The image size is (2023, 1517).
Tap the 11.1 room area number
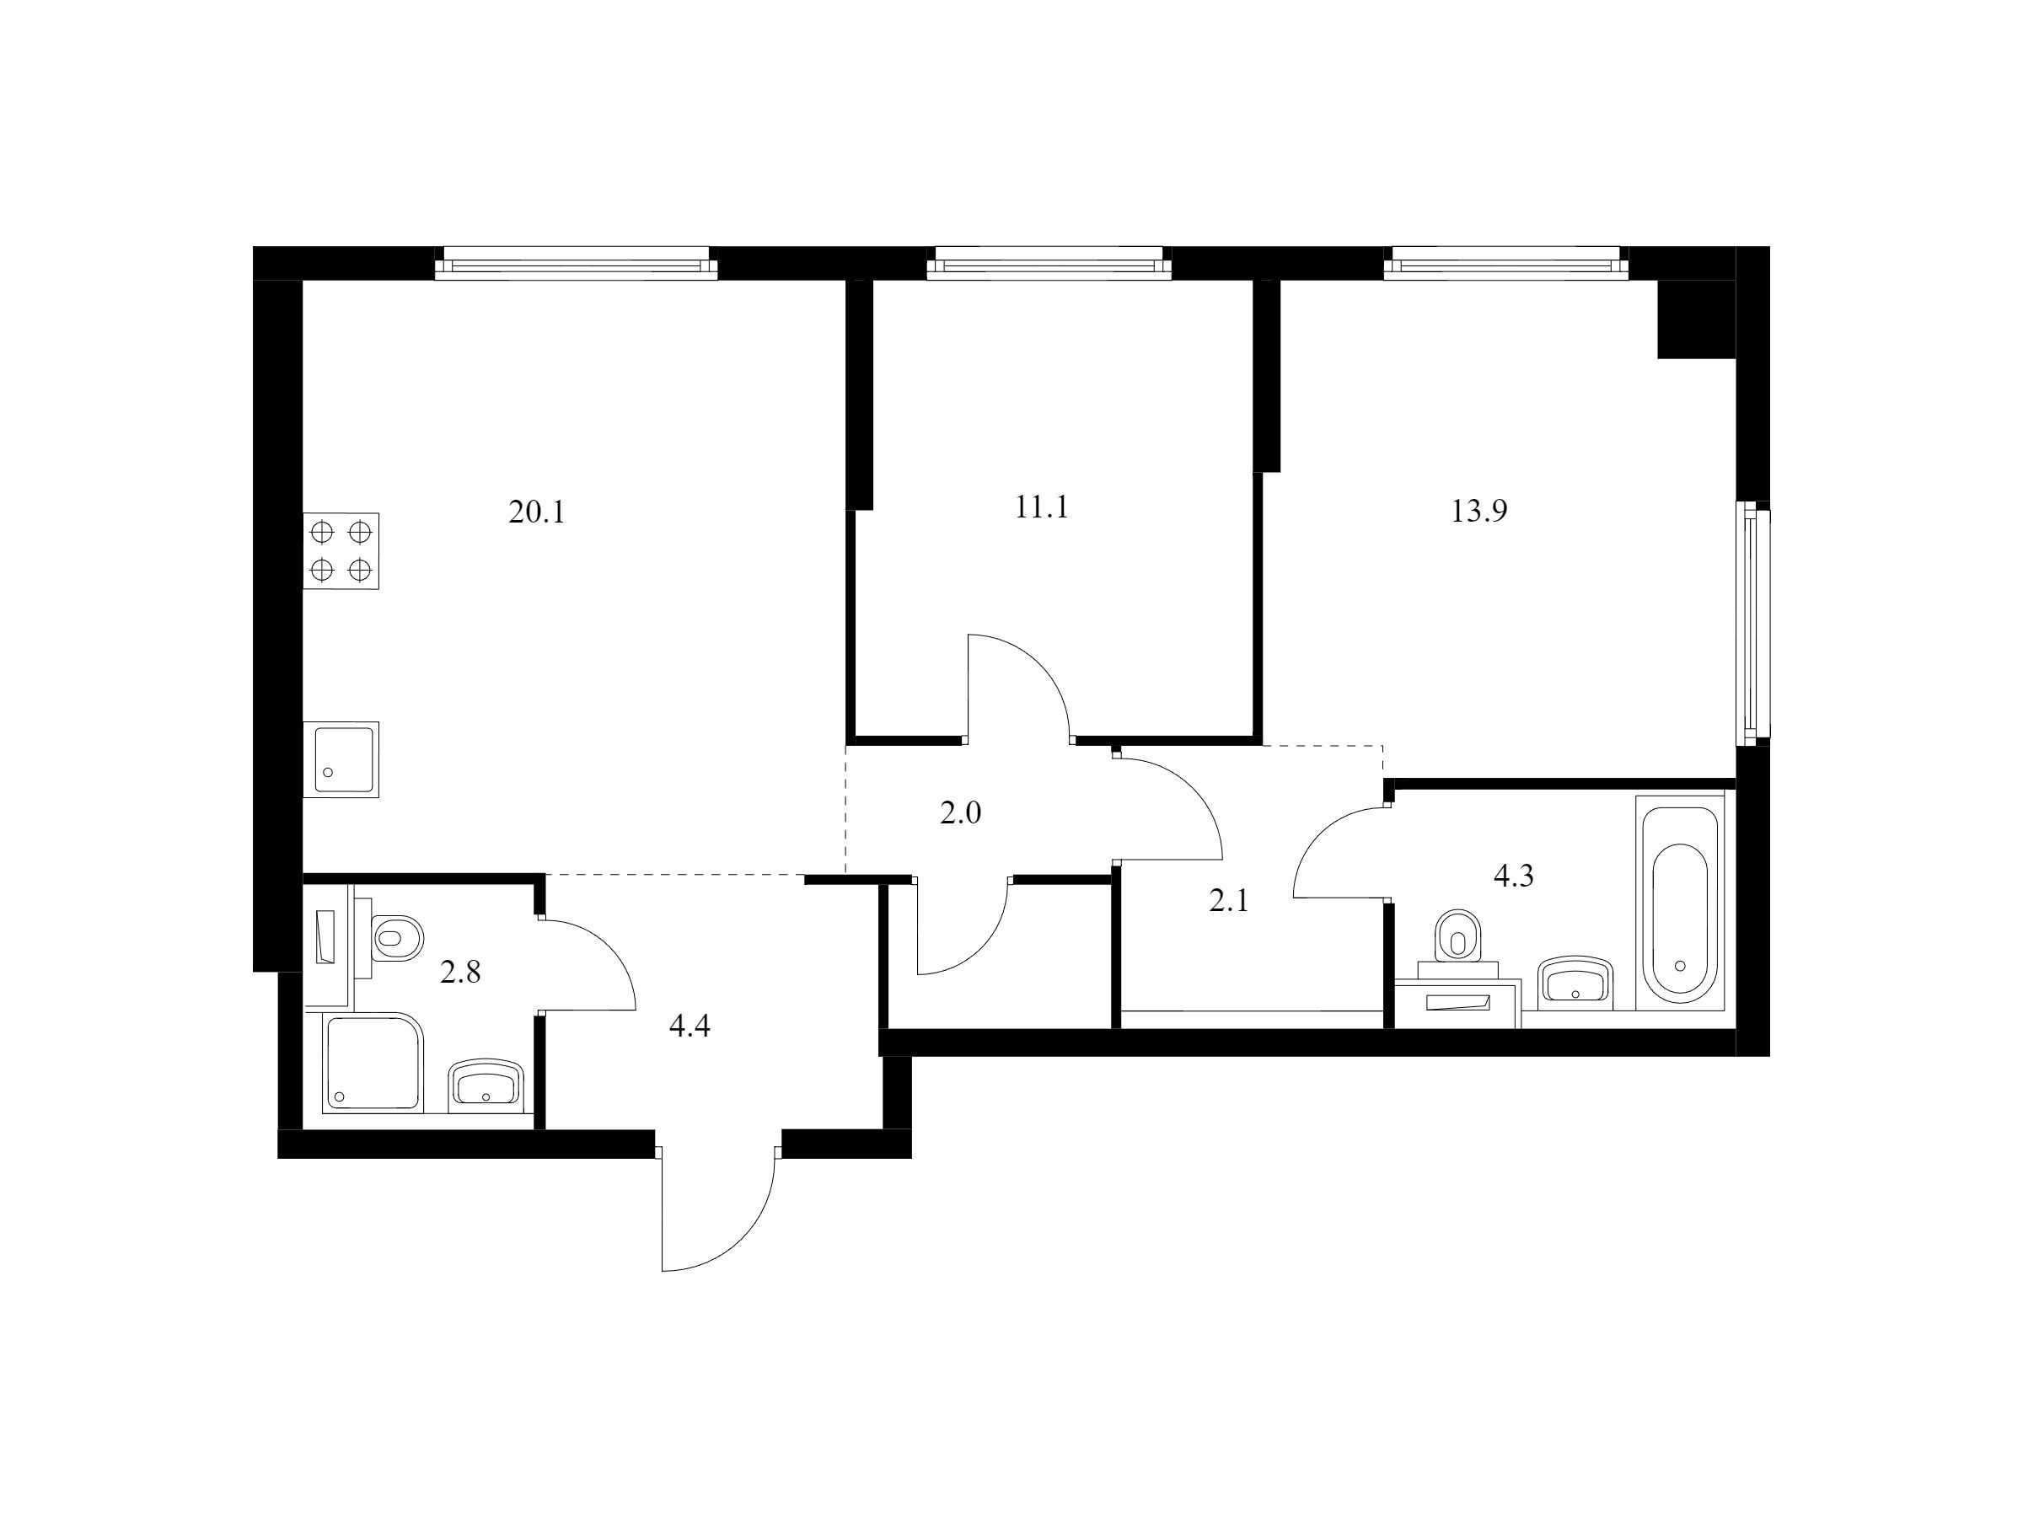click(1042, 507)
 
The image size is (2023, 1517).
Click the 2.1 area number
click(1228, 903)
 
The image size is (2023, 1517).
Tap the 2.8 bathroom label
click(460, 972)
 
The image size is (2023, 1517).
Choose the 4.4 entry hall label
click(690, 1027)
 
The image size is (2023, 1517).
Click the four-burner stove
click(341, 550)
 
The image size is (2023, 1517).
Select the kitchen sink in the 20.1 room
click(341, 759)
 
